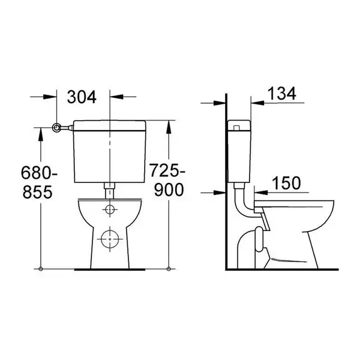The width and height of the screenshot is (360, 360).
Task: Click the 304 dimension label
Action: click(x=82, y=97)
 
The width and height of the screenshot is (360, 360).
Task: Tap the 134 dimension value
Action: click(x=282, y=94)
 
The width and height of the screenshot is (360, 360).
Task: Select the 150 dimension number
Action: click(x=286, y=183)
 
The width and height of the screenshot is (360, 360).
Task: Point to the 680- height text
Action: click(x=39, y=173)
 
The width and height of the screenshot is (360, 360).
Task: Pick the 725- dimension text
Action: click(x=167, y=170)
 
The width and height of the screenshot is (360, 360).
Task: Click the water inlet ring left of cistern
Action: click(x=57, y=128)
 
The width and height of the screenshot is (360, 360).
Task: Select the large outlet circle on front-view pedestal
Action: click(x=110, y=239)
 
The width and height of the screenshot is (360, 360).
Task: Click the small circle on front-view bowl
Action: click(x=110, y=209)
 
